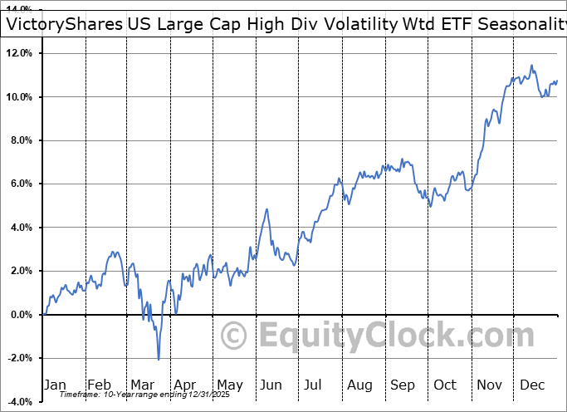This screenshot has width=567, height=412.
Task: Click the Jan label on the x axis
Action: point(55,385)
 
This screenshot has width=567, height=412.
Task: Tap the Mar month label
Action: point(142,385)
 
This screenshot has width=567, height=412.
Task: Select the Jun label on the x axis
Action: point(271,385)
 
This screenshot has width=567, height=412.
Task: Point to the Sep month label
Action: point(403,385)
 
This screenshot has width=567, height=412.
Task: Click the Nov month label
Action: point(490,385)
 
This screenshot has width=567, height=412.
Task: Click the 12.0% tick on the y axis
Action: point(19,53)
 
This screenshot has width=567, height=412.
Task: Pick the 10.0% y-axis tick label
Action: point(19,97)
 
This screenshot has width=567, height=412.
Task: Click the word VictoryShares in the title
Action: point(64,24)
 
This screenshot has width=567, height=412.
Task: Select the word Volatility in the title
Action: point(352,24)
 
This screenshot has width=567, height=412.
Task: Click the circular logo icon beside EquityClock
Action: point(235,336)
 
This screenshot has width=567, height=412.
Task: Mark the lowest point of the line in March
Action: point(159,359)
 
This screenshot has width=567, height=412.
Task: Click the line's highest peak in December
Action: point(531,66)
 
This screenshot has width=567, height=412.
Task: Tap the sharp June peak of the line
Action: point(267,209)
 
